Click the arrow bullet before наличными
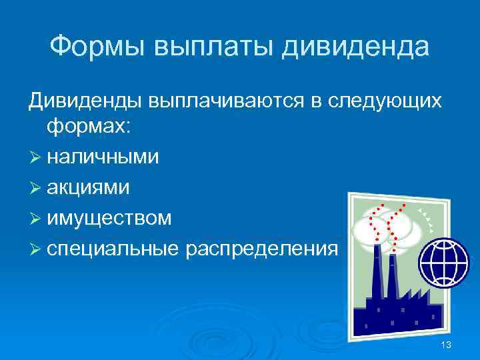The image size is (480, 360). (35, 157)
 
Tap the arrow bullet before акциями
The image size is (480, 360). (35, 187)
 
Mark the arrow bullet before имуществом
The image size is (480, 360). (35, 217)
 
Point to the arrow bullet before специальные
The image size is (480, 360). (35, 247)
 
